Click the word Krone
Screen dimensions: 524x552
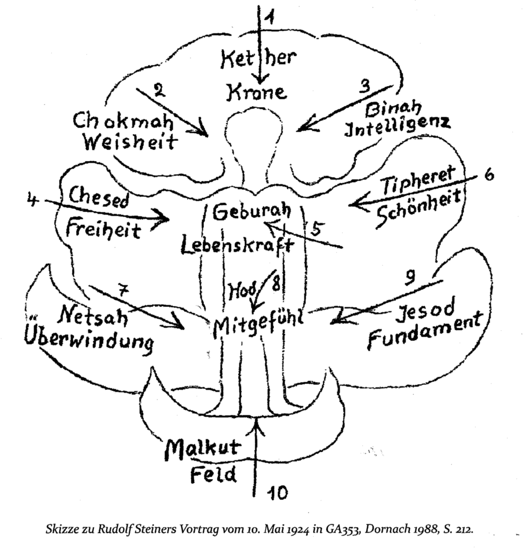click(257, 93)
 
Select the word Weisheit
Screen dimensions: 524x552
click(130, 142)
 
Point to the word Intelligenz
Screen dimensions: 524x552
click(397, 127)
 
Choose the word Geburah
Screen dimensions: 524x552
click(252, 211)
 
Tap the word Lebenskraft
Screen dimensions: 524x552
click(237, 245)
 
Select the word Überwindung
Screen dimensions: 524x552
click(89, 340)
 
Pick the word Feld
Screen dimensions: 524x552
click(213, 474)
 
